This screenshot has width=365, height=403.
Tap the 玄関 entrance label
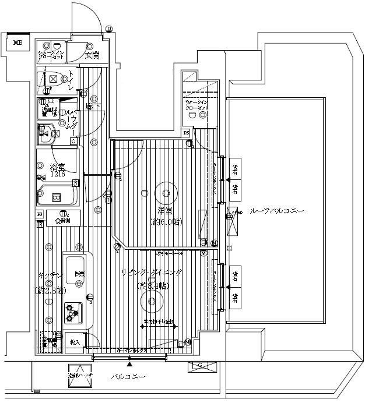[92, 55]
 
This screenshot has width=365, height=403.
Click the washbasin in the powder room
[45, 133]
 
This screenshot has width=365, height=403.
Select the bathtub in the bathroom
[57, 196]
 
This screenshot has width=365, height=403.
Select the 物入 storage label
[75, 341]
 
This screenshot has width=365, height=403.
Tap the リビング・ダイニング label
[152, 273]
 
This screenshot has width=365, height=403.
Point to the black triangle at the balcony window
[129, 365]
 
